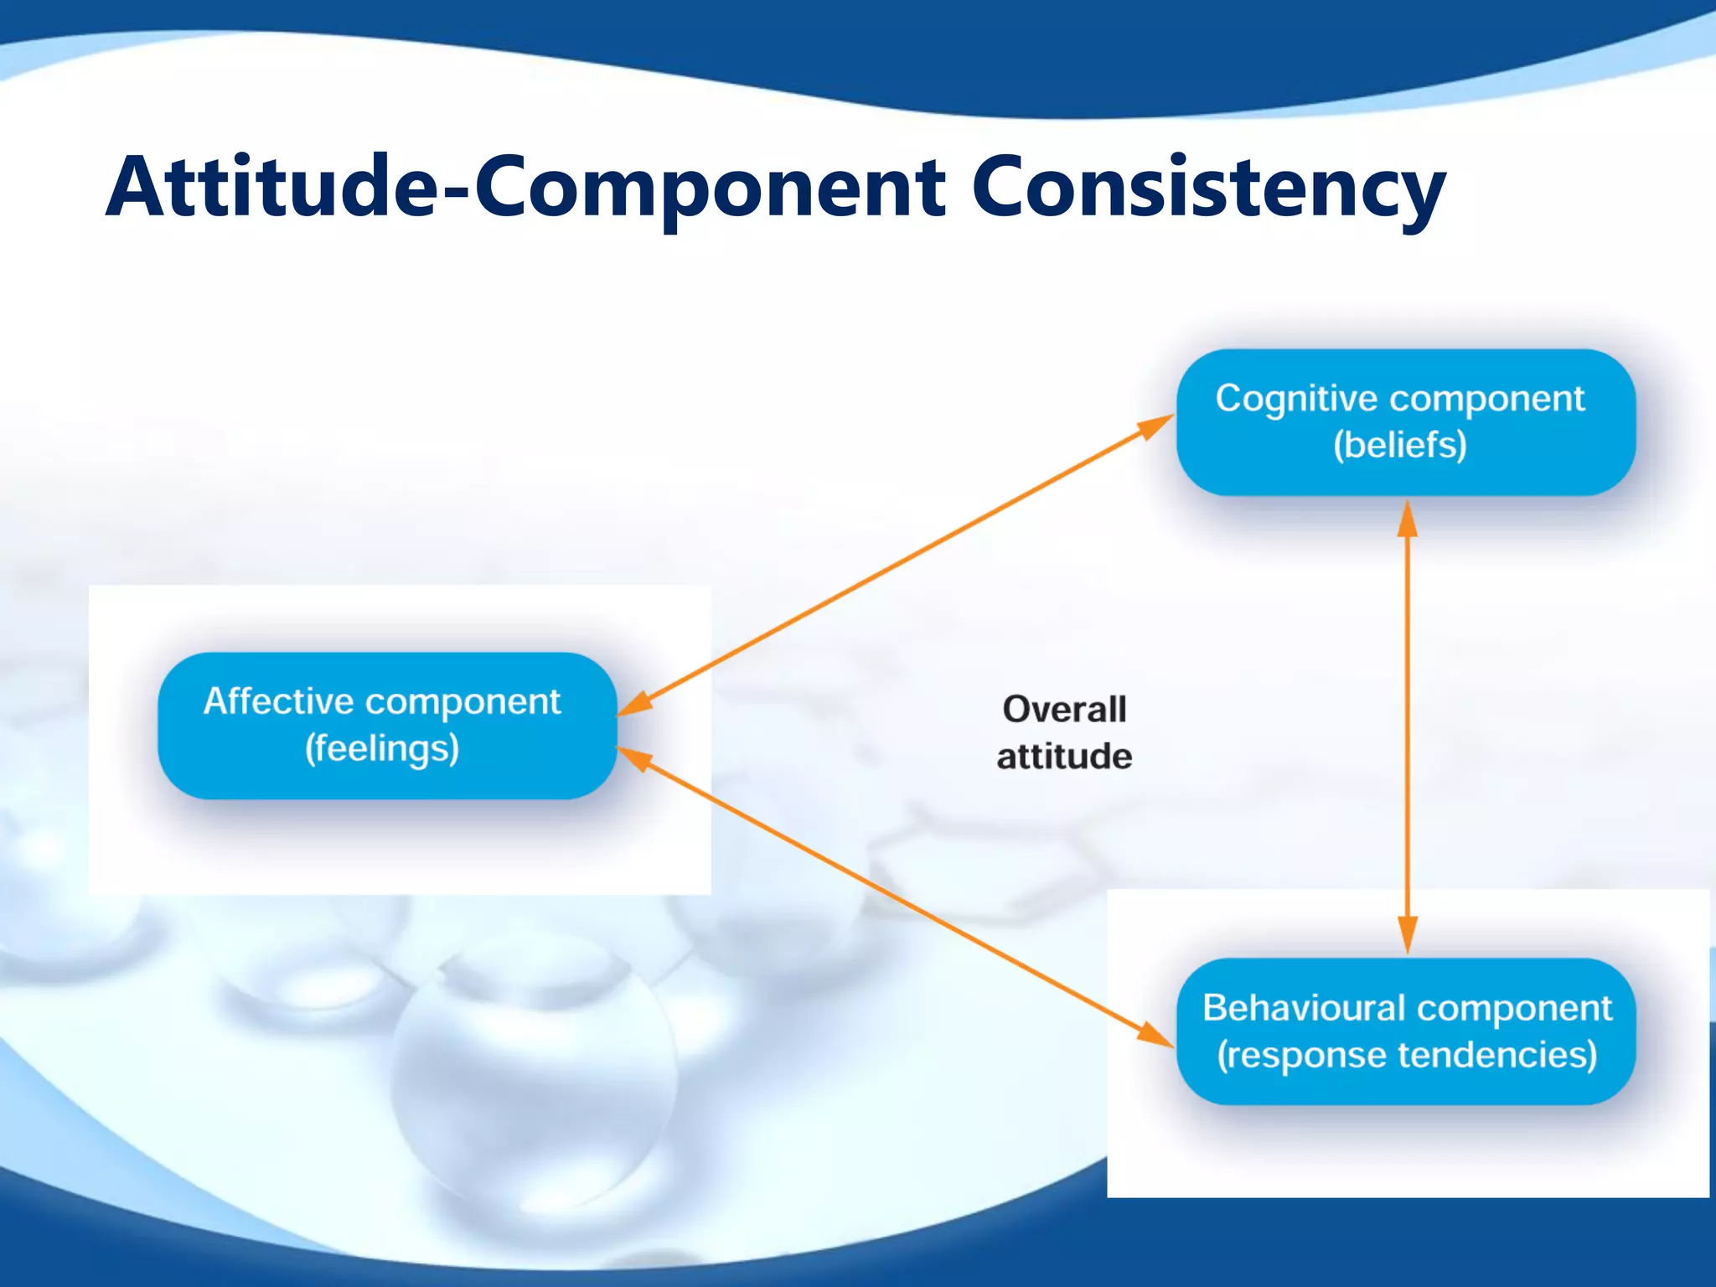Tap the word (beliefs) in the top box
click(1400, 444)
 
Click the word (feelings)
click(382, 748)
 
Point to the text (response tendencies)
click(1407, 1054)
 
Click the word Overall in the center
click(1064, 710)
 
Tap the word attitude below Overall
click(1064, 756)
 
